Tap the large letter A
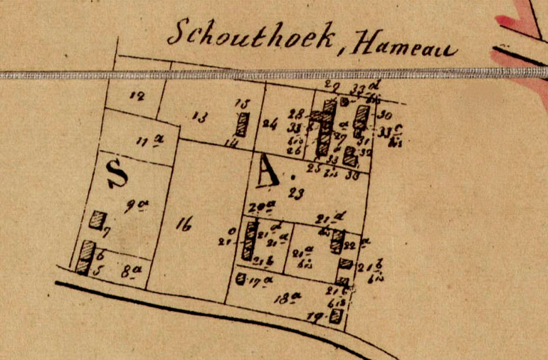coord(267,171)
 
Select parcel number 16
coord(184,226)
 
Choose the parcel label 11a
coord(145,139)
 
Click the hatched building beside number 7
coord(96,220)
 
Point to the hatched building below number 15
coord(243,125)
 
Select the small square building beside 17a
coord(241,278)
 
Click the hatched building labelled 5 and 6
coord(85,258)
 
